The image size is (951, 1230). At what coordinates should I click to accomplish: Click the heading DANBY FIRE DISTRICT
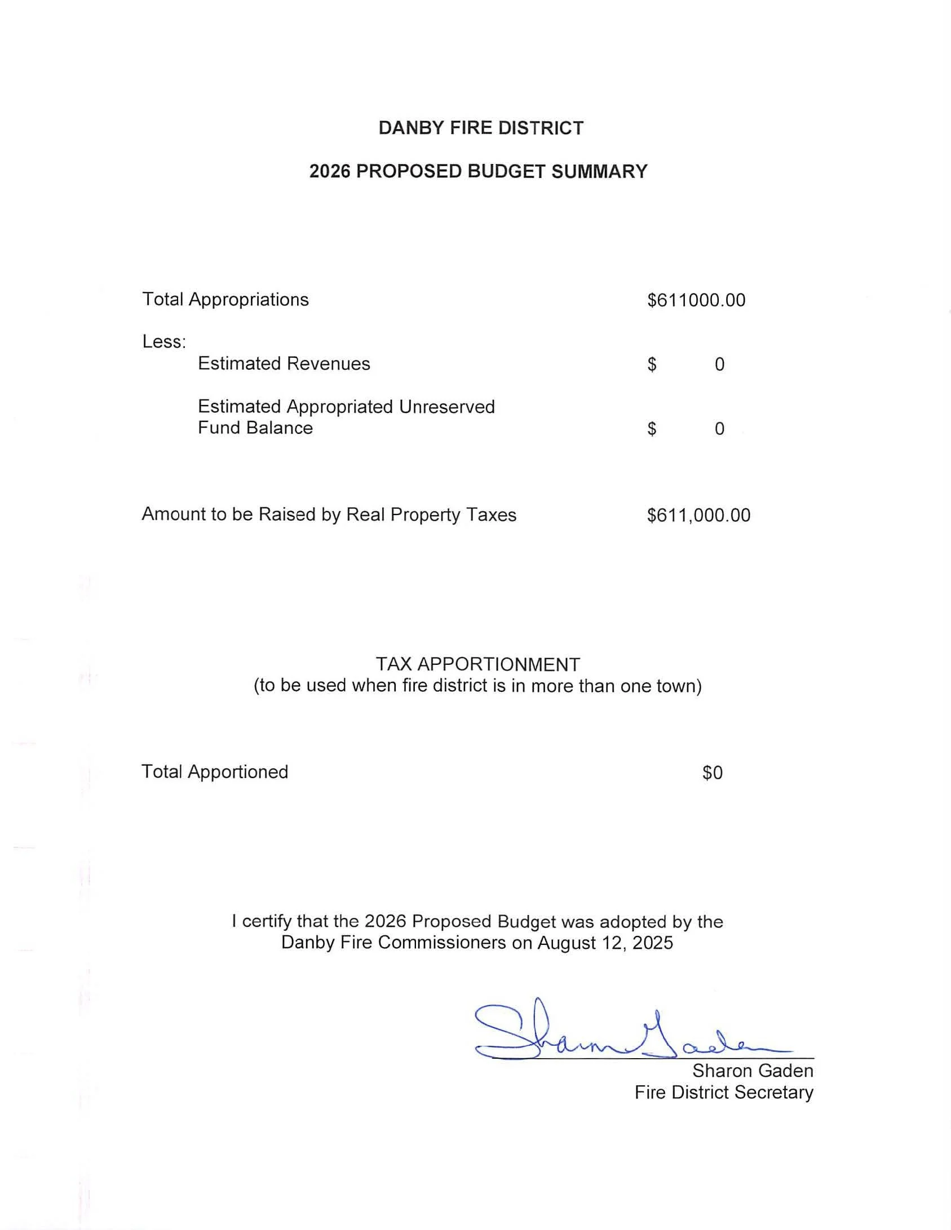481,128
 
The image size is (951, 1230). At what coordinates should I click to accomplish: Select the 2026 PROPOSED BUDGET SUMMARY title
478,171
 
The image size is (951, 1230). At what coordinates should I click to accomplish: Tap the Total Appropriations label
225,299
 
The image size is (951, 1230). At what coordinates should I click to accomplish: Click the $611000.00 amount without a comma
696,300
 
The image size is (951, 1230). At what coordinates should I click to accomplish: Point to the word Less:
164,341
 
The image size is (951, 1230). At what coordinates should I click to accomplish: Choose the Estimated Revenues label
284,363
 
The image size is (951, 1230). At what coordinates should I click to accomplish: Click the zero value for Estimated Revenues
719,365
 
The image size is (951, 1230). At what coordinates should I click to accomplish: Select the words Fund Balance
255,428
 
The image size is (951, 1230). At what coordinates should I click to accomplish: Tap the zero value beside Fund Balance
719,429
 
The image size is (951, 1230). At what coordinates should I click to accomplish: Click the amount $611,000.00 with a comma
698,515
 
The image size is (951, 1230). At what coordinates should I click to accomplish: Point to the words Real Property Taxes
431,514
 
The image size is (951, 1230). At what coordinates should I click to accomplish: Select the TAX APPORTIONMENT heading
477,664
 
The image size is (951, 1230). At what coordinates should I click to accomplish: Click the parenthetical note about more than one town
477,686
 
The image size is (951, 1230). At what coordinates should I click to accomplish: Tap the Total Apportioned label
215,771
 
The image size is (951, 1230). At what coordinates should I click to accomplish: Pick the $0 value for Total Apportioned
712,772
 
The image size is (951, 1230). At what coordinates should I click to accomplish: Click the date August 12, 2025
605,943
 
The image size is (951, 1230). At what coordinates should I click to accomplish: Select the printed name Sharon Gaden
753,1071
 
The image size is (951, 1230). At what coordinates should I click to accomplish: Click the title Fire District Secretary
724,1093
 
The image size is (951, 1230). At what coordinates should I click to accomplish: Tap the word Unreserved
447,406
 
